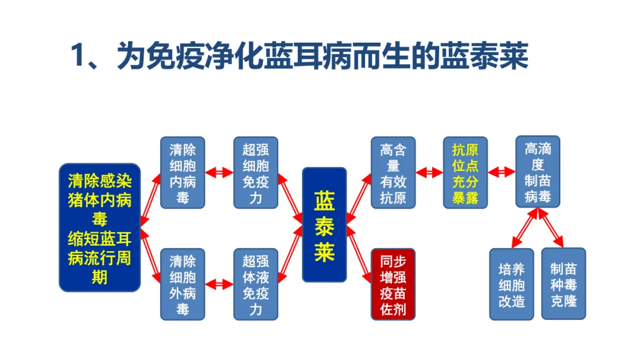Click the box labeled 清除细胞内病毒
182,173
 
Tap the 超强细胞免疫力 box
255,173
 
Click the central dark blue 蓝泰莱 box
324,224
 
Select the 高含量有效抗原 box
393,173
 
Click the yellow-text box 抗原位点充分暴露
465,173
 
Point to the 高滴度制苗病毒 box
538,172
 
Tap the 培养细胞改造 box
512,284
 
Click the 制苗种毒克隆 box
563,284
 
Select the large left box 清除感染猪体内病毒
100,227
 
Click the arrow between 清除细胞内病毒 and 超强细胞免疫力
219,173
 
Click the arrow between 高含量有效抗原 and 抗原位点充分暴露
429,173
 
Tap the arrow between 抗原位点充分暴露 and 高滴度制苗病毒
502,173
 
